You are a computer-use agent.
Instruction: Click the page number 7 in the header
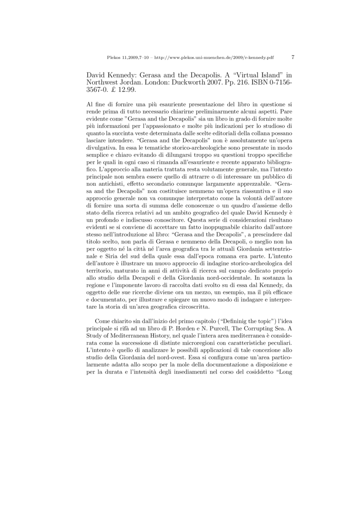pyautogui.click(x=293, y=57)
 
